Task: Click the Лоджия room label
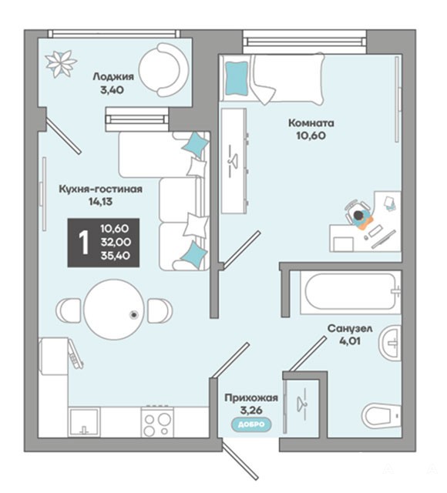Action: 113,76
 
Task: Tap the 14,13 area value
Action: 100,202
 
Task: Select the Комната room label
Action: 311,123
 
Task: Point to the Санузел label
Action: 350,329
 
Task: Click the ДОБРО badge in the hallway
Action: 252,424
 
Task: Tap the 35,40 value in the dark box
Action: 115,256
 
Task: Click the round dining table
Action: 114,310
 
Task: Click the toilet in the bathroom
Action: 381,415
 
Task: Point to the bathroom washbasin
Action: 390,343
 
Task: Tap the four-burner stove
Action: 157,421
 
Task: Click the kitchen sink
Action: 84,422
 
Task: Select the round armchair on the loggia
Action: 163,70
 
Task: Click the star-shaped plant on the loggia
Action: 61,64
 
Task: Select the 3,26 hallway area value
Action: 251,410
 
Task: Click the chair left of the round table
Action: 69,310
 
